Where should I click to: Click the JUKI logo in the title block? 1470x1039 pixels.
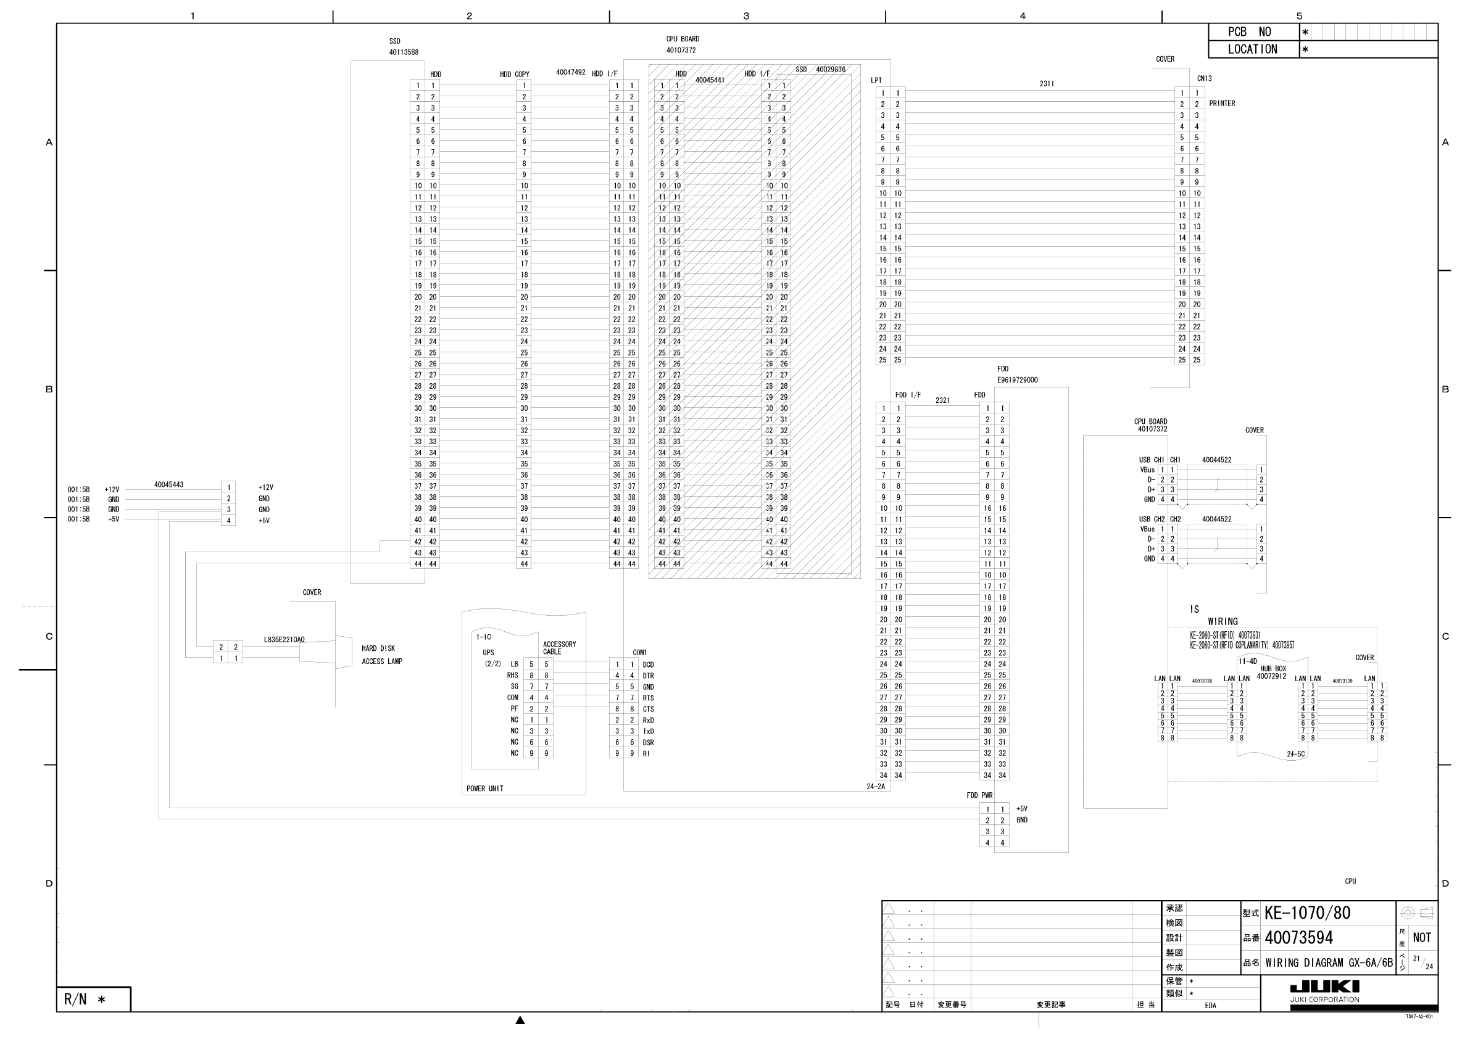[1324, 987]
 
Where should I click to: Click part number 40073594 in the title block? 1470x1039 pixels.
[1298, 938]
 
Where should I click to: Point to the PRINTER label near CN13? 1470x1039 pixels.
[1221, 104]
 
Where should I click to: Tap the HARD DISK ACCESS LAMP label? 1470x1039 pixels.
[381, 655]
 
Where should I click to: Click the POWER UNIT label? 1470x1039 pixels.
[484, 789]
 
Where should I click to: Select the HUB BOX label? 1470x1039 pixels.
[1273, 669]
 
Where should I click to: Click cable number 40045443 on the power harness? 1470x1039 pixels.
[168, 484]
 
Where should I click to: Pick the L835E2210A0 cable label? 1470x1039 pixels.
[284, 640]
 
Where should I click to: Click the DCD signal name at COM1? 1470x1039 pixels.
[648, 665]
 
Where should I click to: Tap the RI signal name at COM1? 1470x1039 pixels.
[646, 753]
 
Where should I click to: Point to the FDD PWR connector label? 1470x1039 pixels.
[979, 796]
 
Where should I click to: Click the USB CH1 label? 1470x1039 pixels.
[1151, 460]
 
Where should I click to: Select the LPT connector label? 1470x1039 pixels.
[876, 81]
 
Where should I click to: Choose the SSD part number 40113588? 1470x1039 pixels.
[404, 52]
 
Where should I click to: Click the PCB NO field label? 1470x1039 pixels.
[1248, 32]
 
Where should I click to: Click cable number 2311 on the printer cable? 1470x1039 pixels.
[1047, 84]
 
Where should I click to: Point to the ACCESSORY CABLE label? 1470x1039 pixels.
[559, 648]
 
